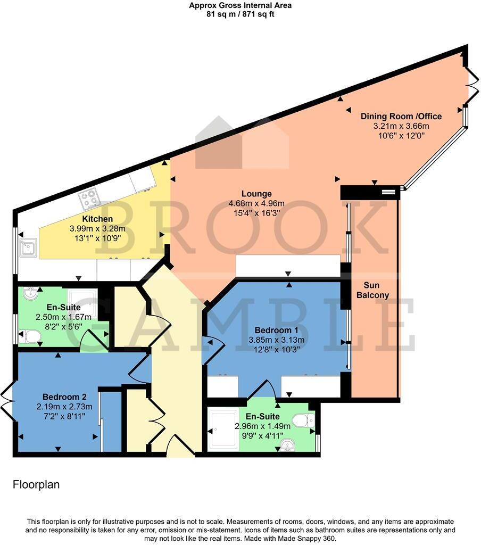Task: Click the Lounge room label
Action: [256, 194]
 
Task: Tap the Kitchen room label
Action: [97, 219]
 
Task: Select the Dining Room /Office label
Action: [401, 116]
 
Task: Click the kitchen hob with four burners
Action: [89, 199]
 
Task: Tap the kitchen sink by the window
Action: [28, 247]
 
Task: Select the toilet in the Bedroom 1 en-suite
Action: [304, 420]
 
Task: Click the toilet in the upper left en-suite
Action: [31, 336]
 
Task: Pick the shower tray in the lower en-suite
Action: [223, 430]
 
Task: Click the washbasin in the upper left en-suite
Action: [31, 294]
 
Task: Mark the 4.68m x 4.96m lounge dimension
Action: [256, 203]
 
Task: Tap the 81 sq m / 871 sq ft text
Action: [240, 14]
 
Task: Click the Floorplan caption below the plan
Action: [36, 485]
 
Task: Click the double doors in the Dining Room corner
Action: [471, 85]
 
